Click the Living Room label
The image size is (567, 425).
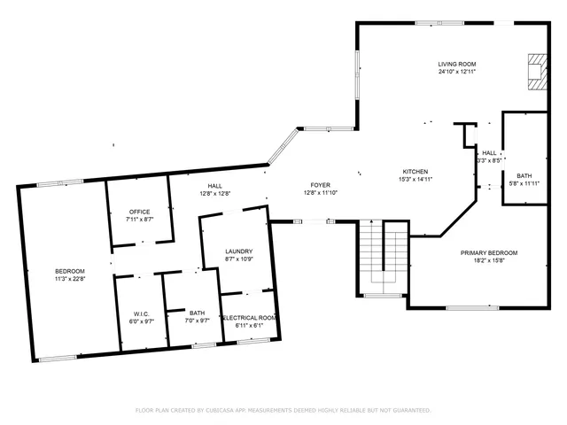[457, 64]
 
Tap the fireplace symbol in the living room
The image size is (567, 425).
[536, 72]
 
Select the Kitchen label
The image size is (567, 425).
[416, 172]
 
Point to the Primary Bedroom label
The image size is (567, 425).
[488, 252]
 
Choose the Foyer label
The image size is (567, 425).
[320, 185]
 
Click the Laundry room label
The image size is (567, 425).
[239, 251]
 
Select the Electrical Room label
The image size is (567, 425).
[249, 318]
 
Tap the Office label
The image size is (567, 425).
[139, 212]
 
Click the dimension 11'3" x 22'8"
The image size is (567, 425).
[69, 278]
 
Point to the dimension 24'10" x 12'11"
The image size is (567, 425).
[457, 72]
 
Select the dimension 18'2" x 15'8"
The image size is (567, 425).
[488, 260]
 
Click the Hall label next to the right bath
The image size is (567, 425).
[489, 153]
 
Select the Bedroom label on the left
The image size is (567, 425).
[69, 270]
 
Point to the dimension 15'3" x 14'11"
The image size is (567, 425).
[416, 180]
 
